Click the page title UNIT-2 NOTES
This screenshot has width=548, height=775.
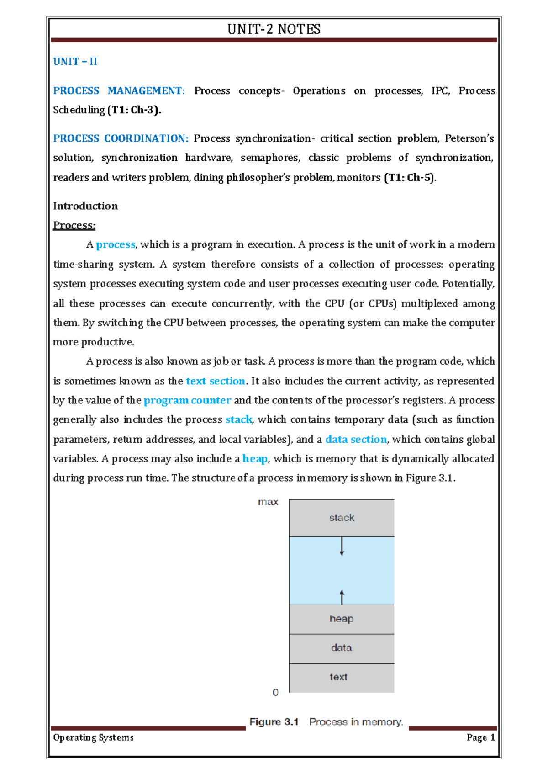pyautogui.click(x=274, y=29)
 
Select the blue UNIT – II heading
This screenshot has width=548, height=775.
pyautogui.click(x=75, y=62)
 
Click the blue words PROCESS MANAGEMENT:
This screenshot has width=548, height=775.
pyautogui.click(x=119, y=91)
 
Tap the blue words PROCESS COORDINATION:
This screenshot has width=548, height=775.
pyautogui.click(x=121, y=138)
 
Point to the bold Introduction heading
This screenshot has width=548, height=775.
pyautogui.click(x=85, y=206)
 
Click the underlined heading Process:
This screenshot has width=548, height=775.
pyautogui.click(x=74, y=225)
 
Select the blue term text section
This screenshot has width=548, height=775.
pyautogui.click(x=216, y=381)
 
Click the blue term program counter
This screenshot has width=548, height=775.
pyautogui.click(x=187, y=400)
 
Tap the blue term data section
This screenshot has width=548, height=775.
pyautogui.click(x=356, y=439)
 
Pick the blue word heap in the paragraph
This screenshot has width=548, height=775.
pyautogui.click(x=255, y=458)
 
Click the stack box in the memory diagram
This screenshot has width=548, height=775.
pyautogui.click(x=342, y=518)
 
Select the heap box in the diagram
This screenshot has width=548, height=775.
pyautogui.click(x=342, y=619)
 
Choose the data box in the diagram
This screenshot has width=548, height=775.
pyautogui.click(x=342, y=648)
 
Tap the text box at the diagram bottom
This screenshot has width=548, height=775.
pyautogui.click(x=339, y=677)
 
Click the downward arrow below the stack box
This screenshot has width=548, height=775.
pyautogui.click(x=342, y=547)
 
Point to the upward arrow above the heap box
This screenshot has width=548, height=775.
pyautogui.click(x=342, y=597)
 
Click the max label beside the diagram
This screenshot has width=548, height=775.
pyautogui.click(x=268, y=502)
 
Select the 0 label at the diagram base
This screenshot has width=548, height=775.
pyautogui.click(x=275, y=693)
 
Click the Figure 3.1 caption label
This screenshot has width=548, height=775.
pyautogui.click(x=274, y=722)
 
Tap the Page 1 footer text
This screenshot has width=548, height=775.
pyautogui.click(x=480, y=738)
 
